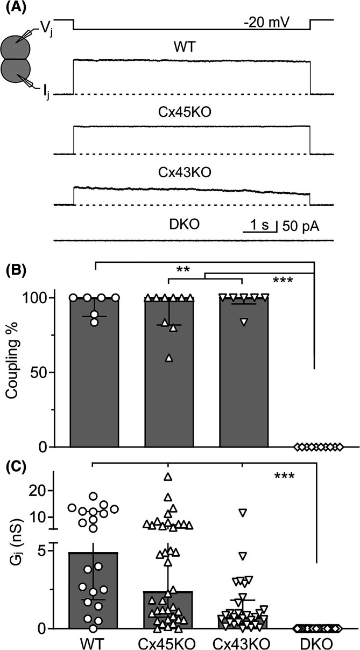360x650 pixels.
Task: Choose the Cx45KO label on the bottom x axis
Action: coord(168,641)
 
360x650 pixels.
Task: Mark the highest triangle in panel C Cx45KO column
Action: coord(168,476)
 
